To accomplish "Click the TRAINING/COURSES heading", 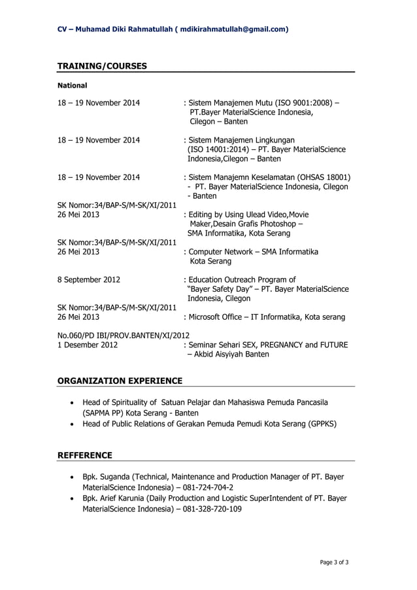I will [x=102, y=66].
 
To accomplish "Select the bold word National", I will [x=73, y=85].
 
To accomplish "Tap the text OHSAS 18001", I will [x=322, y=177].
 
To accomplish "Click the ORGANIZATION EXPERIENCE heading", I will [x=120, y=381].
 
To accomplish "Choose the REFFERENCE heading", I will [x=85, y=455].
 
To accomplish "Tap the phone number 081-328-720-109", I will [x=212, y=509].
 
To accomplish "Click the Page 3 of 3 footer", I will [x=334, y=561].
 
